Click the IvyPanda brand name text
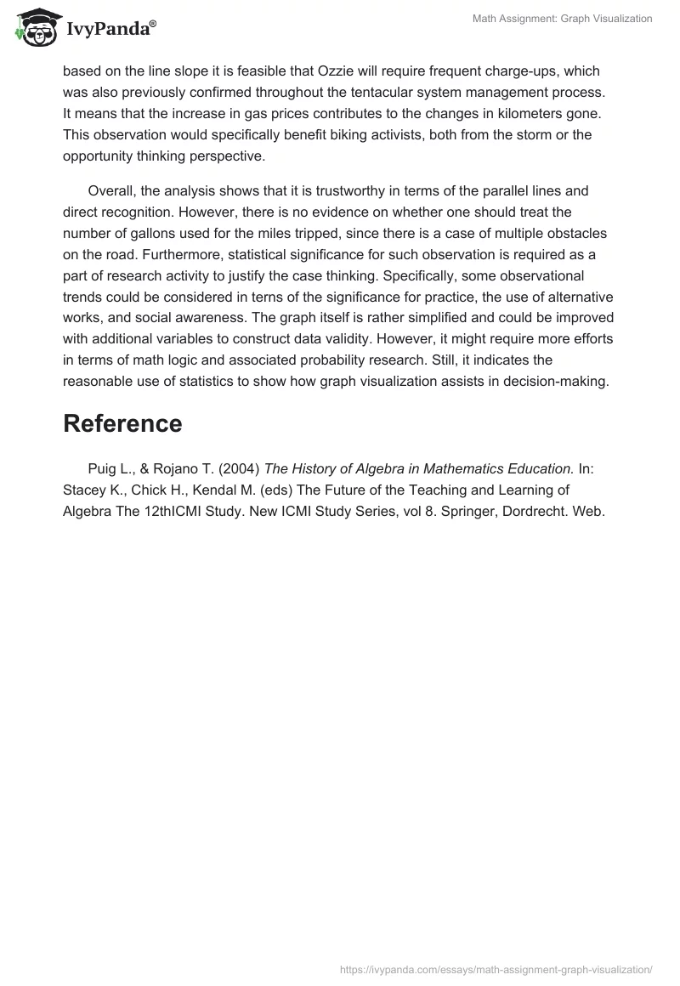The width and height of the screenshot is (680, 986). (109, 30)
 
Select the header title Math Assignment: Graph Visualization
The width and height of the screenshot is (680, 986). (562, 19)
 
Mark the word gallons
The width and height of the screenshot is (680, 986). (150, 234)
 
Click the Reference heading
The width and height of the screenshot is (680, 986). (122, 424)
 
